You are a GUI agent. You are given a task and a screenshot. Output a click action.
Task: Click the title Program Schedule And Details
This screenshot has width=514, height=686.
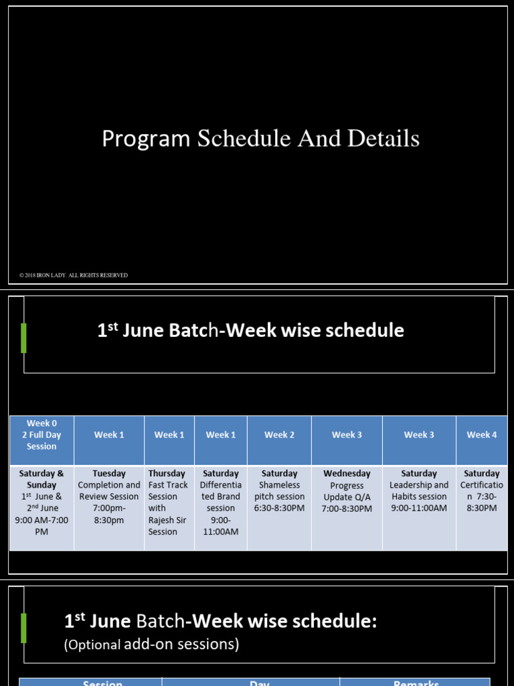[260, 139]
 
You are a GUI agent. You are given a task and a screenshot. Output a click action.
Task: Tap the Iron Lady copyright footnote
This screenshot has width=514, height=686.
[74, 275]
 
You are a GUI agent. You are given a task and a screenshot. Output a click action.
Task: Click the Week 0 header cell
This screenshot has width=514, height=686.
[41, 435]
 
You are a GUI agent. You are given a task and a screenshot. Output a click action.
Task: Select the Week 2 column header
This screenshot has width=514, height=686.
[279, 435]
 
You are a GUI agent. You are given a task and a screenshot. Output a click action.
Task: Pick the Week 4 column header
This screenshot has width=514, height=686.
[482, 435]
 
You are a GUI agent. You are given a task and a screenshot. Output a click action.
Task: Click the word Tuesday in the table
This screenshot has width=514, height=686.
[109, 474]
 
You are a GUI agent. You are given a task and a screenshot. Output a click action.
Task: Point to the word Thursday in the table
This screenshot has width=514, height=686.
[167, 474]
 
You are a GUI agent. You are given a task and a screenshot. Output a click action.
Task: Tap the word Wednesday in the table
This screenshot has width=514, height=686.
[347, 474]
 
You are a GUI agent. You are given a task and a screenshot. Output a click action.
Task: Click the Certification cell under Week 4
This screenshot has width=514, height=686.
[482, 496]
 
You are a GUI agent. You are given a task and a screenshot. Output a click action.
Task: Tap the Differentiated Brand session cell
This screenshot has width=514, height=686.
[221, 502]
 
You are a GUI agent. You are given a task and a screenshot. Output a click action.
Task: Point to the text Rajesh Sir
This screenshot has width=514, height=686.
[167, 520]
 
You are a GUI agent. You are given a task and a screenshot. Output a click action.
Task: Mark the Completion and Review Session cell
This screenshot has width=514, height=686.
[109, 496]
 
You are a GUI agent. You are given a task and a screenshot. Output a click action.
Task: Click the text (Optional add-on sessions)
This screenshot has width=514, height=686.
[151, 644]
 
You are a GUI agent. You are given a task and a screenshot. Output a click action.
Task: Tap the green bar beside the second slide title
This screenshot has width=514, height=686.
[24, 338]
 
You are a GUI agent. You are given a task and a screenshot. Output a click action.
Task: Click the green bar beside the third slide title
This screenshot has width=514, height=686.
[24, 628]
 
